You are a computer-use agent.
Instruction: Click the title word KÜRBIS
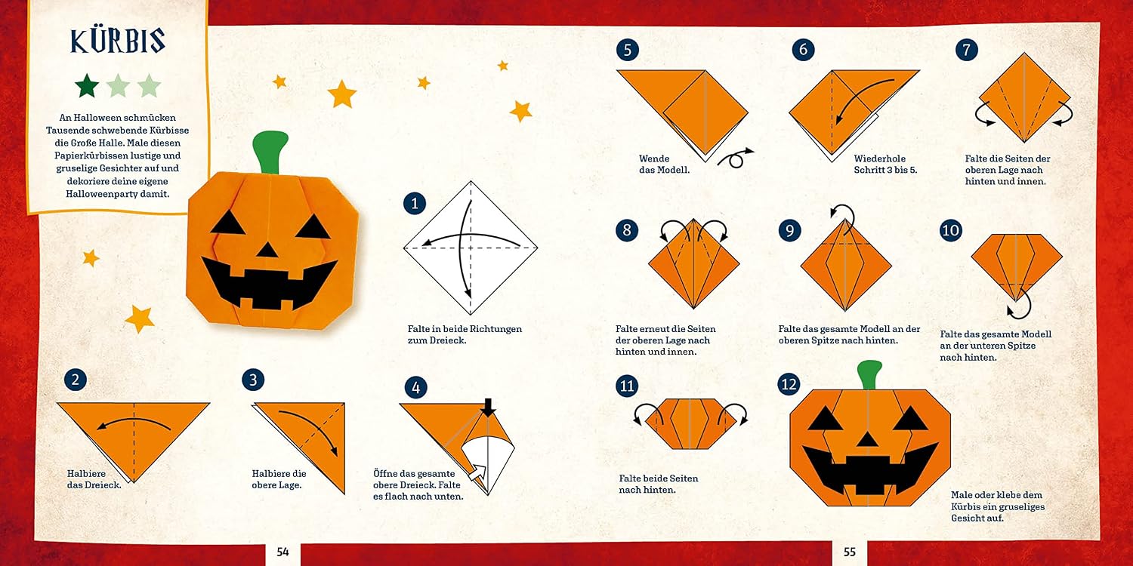click(x=118, y=41)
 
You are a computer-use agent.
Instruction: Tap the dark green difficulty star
click(x=87, y=85)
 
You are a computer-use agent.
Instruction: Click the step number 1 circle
click(x=414, y=204)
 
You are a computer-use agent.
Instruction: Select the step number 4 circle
click(x=415, y=388)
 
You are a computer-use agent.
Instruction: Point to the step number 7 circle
click(x=967, y=50)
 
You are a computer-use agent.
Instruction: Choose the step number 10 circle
click(x=950, y=230)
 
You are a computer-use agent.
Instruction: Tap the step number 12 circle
click(x=789, y=385)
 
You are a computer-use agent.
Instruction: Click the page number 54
click(x=282, y=552)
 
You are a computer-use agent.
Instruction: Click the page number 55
click(x=849, y=552)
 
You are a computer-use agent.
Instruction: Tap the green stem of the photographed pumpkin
click(x=270, y=152)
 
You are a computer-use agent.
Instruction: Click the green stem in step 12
click(x=869, y=374)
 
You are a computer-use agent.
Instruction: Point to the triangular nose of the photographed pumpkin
click(x=267, y=250)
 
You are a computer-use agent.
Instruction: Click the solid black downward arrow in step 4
click(x=488, y=408)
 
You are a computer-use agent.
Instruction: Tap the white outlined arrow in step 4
click(x=477, y=473)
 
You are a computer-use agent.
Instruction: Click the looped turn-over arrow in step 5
click(x=736, y=158)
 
